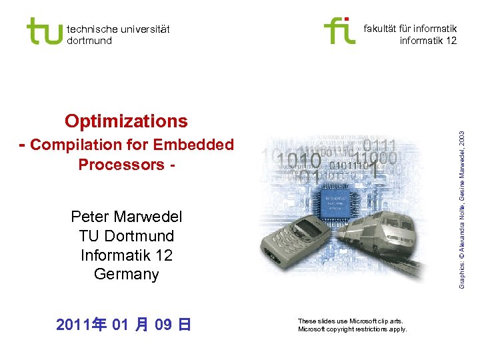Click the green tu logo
coord(44,31)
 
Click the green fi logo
coord(339,31)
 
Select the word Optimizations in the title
coord(126,121)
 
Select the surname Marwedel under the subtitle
coord(147,217)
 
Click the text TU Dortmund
coord(126,236)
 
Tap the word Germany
coord(126,274)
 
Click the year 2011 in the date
coord(74,325)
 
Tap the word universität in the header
coord(141,29)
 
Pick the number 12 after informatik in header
coord(451,41)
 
